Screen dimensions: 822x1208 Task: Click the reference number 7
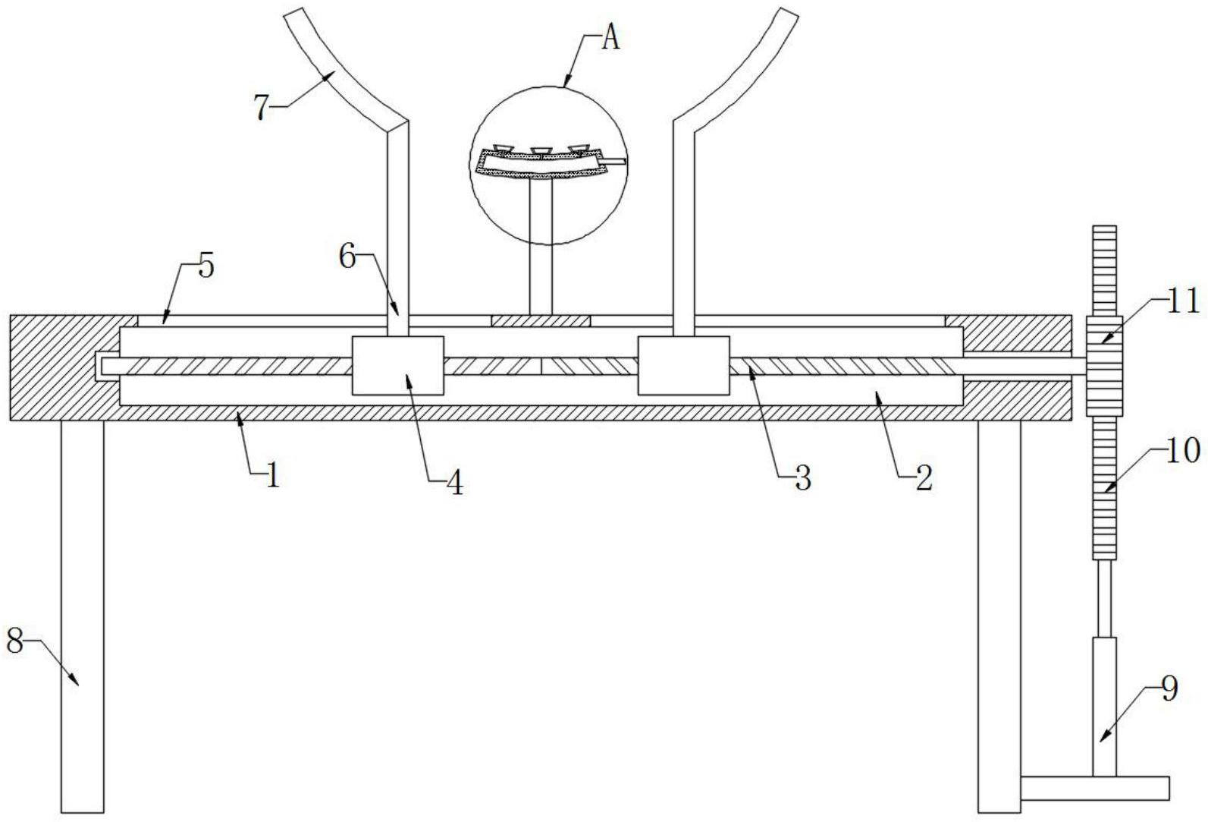[262, 108]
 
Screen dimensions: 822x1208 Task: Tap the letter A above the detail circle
[610, 39]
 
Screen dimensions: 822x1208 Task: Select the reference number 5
[206, 267]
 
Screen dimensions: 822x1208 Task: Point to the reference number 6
[347, 257]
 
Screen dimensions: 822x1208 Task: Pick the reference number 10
[1184, 451]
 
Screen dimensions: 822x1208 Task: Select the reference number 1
[271, 476]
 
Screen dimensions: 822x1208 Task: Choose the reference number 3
[802, 479]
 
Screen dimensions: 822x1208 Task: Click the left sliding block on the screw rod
[397, 365]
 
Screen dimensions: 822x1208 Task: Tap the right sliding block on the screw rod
[683, 365]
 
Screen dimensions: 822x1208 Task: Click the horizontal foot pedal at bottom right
[1094, 788]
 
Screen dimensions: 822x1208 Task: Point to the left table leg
[82, 615]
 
